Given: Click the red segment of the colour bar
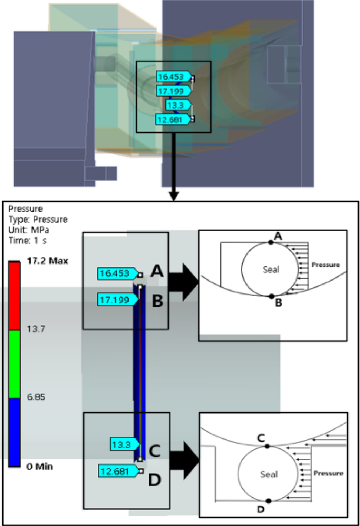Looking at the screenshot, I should [15, 296].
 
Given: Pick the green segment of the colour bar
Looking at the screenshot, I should [15, 364].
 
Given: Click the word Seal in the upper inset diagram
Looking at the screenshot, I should [272, 270].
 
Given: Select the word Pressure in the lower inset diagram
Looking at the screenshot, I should [328, 474].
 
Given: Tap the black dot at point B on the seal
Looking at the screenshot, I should [271, 296].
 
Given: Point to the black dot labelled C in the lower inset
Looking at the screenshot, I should [267, 445].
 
